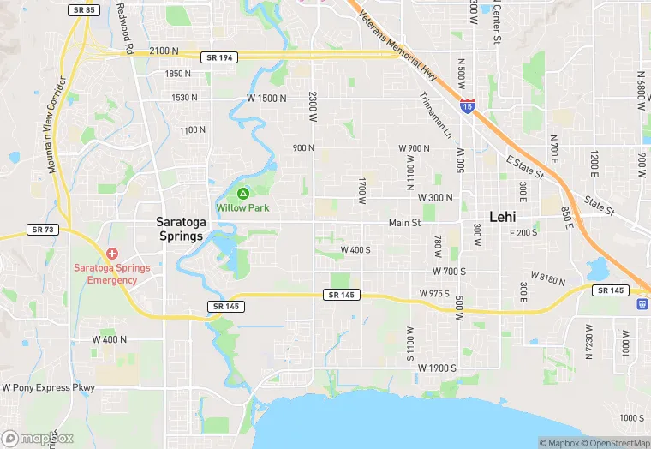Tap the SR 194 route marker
pos(218,57)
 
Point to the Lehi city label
pos(502,217)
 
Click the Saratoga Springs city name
pos(180,229)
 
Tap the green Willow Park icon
pos(243,194)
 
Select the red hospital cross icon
pos(112,254)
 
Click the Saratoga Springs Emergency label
pos(112,274)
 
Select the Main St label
pos(405,223)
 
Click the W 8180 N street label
pos(550,277)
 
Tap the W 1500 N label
pos(266,99)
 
